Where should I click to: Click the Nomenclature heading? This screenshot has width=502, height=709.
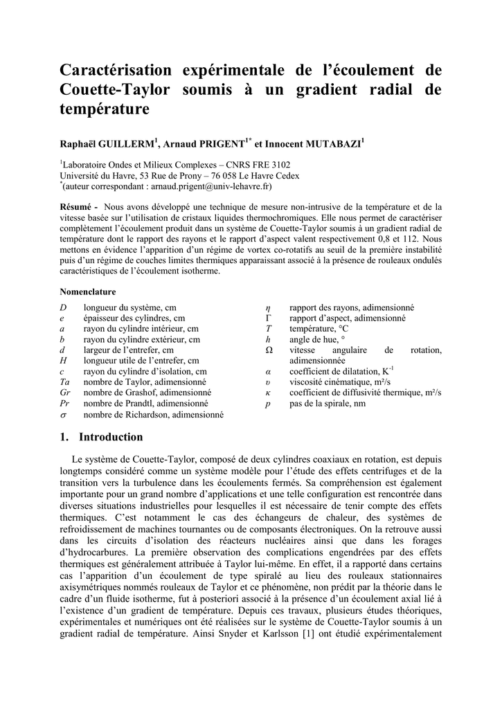point(88,291)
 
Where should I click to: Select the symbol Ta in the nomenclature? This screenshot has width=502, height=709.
point(65,382)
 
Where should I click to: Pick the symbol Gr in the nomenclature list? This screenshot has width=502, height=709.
point(65,392)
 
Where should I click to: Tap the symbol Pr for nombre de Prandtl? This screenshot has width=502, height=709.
point(65,402)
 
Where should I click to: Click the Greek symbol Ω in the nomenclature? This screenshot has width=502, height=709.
point(269,350)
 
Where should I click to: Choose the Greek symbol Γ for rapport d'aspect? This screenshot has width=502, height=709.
point(269,318)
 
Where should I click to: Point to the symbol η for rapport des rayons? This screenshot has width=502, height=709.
point(268,307)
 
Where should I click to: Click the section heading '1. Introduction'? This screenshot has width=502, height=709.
point(102,437)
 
